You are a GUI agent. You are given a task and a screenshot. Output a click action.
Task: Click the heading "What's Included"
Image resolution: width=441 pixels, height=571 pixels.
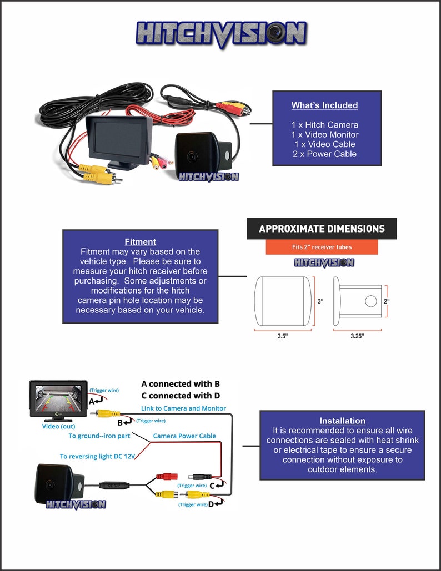coord(324,105)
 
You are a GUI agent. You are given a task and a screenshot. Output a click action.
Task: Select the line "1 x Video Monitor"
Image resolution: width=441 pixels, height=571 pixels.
coord(325,134)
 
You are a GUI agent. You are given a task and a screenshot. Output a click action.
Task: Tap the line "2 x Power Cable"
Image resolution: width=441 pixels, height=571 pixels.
coord(324,154)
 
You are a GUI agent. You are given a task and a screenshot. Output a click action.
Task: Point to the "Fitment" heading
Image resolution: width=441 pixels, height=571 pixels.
coord(141,242)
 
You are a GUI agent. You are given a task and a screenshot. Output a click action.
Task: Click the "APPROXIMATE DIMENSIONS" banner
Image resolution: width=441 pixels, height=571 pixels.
coord(322,229)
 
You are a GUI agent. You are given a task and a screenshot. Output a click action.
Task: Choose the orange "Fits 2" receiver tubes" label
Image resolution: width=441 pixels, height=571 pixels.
coord(322,247)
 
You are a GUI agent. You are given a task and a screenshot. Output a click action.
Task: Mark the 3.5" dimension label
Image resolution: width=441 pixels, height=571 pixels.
coord(283,336)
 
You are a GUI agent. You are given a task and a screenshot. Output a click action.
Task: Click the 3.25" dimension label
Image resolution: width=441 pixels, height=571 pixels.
coord(357,336)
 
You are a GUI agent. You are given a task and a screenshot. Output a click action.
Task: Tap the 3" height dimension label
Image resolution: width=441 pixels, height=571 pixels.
coord(320,301)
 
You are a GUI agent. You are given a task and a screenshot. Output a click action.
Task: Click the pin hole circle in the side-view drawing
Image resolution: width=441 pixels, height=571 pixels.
coord(371,301)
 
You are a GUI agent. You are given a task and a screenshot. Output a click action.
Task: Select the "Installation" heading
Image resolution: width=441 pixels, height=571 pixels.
coord(343,421)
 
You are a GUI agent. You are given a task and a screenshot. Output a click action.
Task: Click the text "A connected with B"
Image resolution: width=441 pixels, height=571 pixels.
coord(181,384)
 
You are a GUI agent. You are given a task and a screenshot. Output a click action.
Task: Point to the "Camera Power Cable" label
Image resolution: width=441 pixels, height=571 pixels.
coord(184,436)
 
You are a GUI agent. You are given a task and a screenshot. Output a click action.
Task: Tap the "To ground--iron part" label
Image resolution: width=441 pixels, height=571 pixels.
coord(99,436)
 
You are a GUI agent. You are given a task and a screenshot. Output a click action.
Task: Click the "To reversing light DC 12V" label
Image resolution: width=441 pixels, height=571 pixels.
coord(97,456)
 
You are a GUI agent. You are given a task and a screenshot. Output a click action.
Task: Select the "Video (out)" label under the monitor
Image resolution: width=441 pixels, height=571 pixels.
coord(59,426)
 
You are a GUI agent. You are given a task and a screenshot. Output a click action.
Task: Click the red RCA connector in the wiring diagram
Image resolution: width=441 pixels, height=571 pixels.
coord(167,476)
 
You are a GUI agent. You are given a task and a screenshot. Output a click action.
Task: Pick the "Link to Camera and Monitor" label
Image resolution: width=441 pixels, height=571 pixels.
coord(183,408)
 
